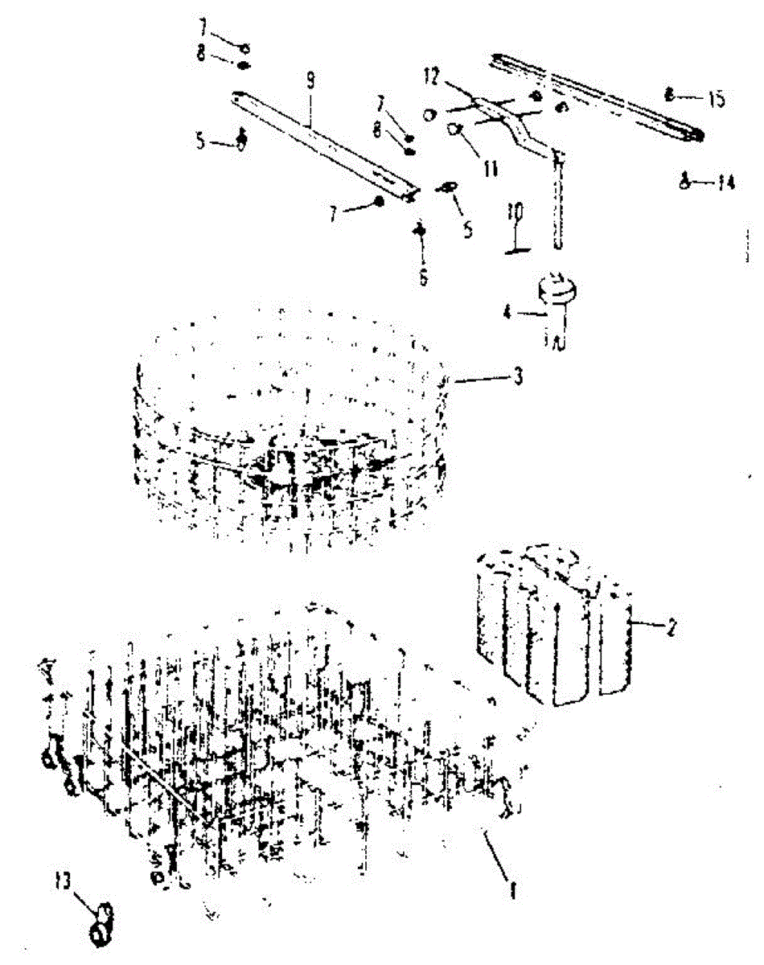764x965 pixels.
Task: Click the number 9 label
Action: click(x=310, y=82)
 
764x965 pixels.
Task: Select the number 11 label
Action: click(x=491, y=168)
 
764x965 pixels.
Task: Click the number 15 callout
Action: click(x=715, y=99)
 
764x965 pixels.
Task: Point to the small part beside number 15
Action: click(x=669, y=95)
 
